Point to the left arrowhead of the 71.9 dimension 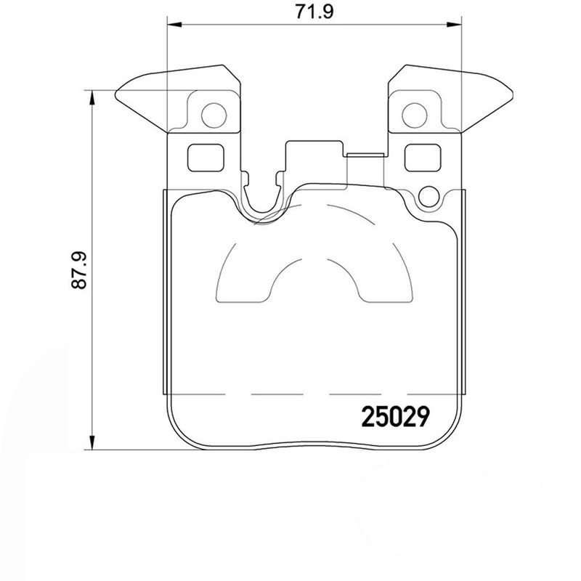pos(174,25)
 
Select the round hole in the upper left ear pos(213,113)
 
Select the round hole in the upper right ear pos(415,113)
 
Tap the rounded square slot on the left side pos(206,157)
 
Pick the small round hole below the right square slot pos(429,195)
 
